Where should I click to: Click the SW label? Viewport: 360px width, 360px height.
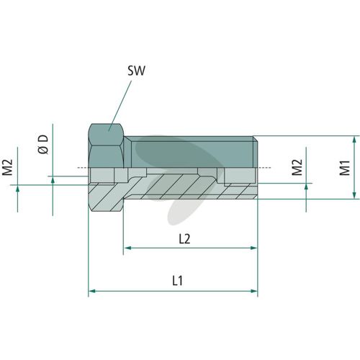pos(136,71)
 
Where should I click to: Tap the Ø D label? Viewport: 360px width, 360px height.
pos(43,144)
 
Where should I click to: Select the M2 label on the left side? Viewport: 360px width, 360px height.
pos(7,167)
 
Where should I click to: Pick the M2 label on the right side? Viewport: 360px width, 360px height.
pos(297,167)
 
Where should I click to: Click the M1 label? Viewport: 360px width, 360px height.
pos(345,168)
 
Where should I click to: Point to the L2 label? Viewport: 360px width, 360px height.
pos(184,239)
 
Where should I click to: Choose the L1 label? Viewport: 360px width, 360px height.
pos(177,281)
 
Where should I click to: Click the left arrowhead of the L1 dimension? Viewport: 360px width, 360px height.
pos(92,291)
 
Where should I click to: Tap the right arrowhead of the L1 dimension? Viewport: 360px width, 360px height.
pos(254,291)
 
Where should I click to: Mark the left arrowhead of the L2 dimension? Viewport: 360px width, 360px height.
pos(127,248)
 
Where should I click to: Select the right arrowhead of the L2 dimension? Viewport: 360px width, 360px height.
pos(254,248)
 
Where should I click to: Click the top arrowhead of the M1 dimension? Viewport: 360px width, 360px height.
pos(354,140)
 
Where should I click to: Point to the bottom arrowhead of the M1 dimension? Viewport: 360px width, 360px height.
pos(354,195)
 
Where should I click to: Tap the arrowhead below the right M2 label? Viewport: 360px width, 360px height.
pos(306,187)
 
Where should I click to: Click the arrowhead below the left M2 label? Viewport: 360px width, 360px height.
pos(17,189)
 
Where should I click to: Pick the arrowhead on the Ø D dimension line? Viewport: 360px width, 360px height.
pos(53,180)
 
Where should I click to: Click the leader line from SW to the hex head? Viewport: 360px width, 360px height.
pos(120,106)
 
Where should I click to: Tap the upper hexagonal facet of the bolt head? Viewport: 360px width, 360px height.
pos(106,135)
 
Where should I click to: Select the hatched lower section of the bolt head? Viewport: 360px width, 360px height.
pos(106,197)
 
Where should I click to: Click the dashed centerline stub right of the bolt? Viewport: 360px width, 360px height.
pos(264,167)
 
